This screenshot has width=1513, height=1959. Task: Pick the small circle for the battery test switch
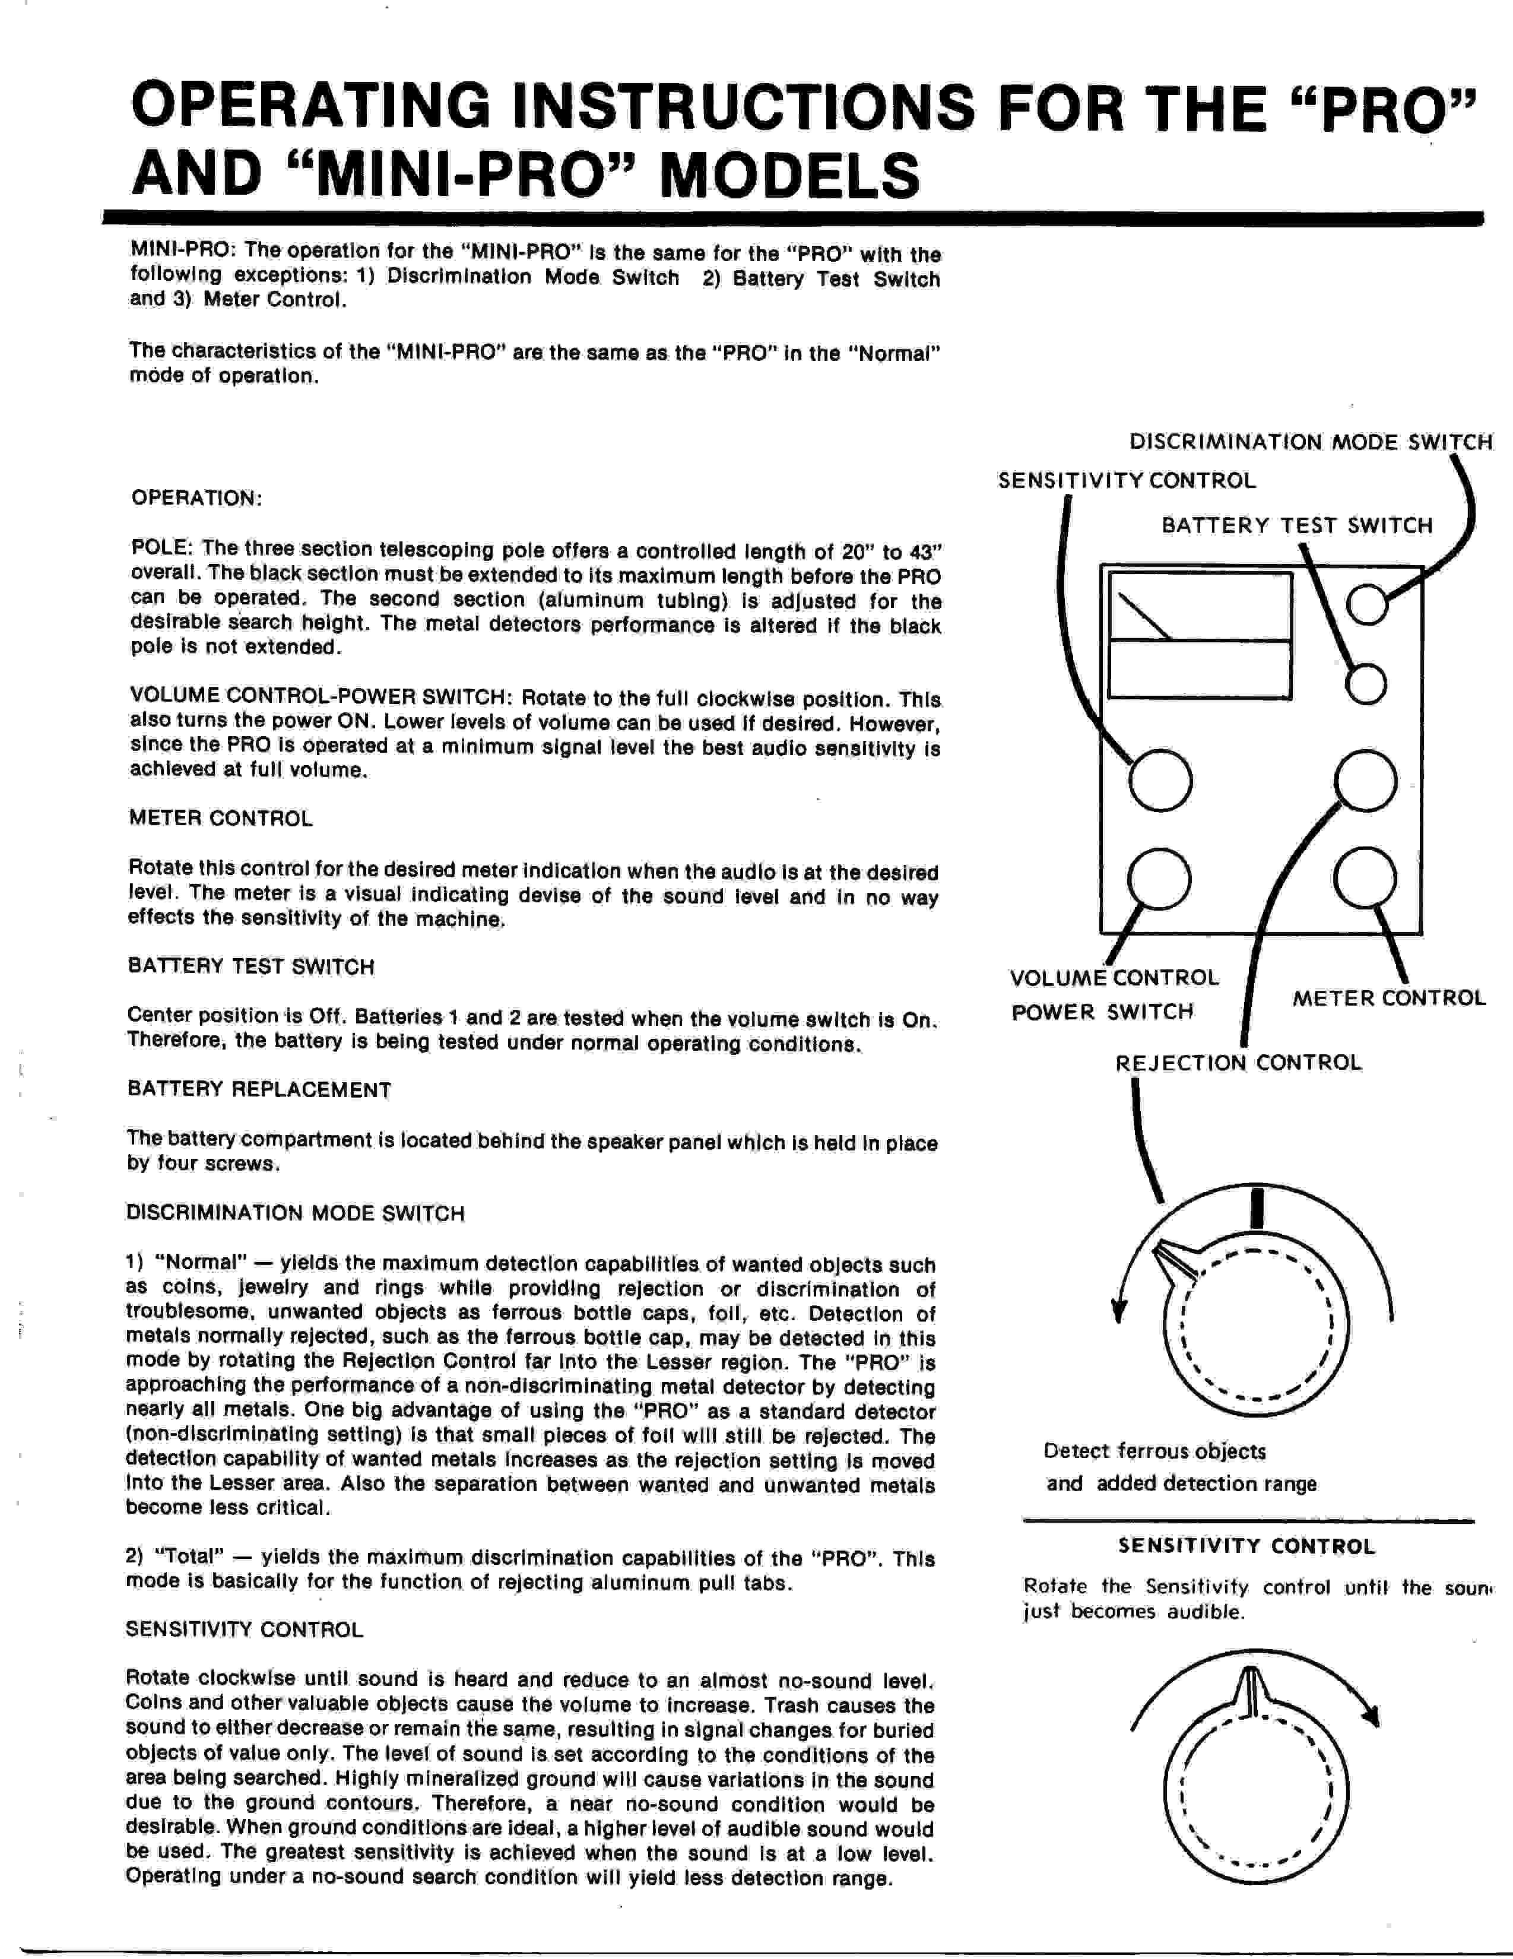[1366, 685]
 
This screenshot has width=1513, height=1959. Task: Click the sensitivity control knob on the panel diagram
[1160, 779]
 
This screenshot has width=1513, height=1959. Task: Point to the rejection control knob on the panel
[1365, 779]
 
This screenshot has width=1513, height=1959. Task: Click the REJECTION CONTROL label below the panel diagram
[1238, 1063]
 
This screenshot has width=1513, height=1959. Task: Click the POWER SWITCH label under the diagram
[1102, 1012]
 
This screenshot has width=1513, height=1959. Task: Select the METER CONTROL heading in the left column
[221, 818]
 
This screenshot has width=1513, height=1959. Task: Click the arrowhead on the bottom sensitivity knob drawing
[1369, 1715]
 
